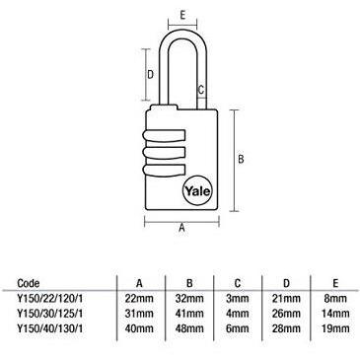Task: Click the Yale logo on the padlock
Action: click(197, 190)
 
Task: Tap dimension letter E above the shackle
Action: click(183, 15)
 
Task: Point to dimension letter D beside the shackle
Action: click(150, 75)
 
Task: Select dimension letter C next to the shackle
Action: click(201, 90)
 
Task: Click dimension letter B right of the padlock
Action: click(241, 159)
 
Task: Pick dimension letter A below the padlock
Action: click(181, 228)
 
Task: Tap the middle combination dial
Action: click(164, 153)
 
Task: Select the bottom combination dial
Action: click(164, 170)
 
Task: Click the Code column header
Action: click(29, 283)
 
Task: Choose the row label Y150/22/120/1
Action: click(50, 299)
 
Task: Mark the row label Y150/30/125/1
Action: click(50, 314)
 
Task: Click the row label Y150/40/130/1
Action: click(50, 328)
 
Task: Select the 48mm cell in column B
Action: click(189, 328)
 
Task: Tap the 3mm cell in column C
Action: click(238, 299)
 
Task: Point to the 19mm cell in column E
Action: click(335, 328)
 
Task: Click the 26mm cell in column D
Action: click(286, 314)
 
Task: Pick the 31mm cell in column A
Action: click(139, 314)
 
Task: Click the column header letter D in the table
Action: click(286, 283)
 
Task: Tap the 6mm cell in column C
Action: click(238, 328)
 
